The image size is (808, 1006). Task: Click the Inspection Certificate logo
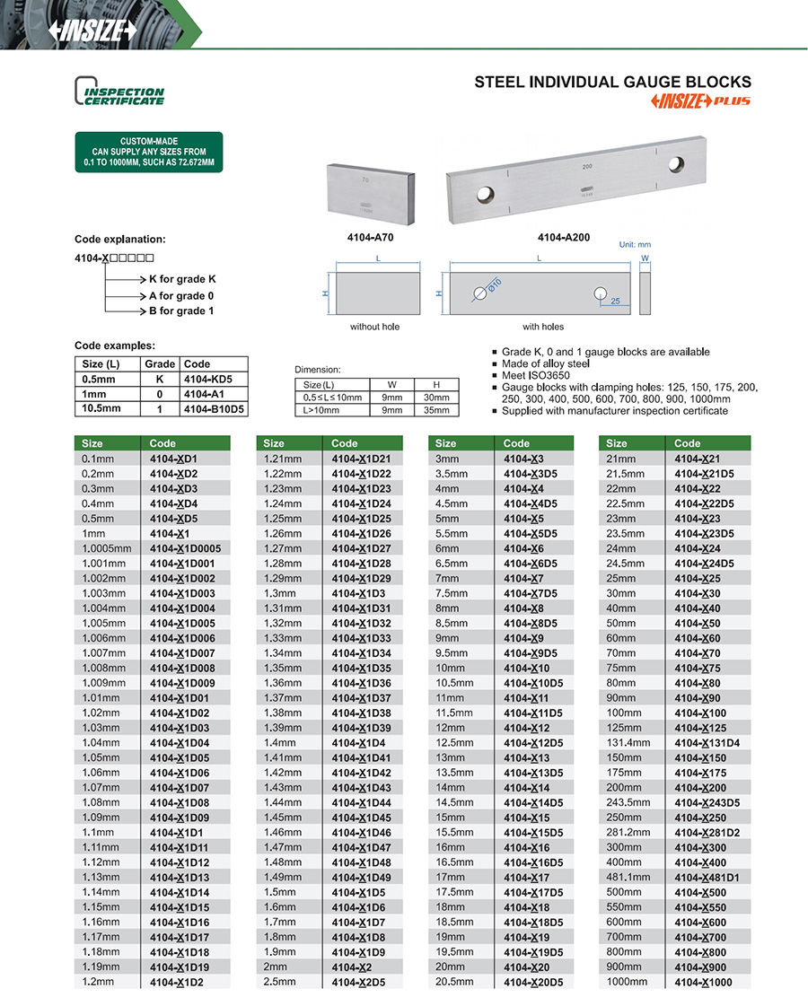click(x=119, y=92)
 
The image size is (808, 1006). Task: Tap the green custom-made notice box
click(x=149, y=153)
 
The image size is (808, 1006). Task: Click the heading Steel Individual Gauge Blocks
click(x=612, y=82)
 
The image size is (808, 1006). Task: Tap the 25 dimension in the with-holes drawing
click(x=616, y=301)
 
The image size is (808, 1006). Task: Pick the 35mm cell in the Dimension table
click(x=436, y=410)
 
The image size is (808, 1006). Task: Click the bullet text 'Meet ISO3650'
click(x=535, y=375)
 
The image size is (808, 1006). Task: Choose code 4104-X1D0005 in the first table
click(x=185, y=548)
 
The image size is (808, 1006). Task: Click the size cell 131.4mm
click(x=628, y=743)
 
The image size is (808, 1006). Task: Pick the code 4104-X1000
click(x=703, y=983)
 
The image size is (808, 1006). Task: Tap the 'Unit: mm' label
click(x=635, y=244)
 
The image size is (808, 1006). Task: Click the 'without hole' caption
click(x=374, y=327)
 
